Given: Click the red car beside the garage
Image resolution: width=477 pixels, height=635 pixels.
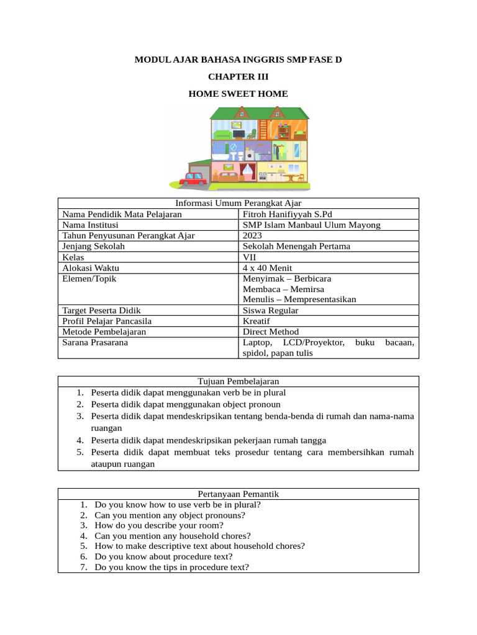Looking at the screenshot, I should pos(193,179).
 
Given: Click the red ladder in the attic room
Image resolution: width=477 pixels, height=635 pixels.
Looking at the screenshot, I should pos(263,130).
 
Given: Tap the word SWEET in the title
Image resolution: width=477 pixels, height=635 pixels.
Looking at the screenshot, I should pos(238,94).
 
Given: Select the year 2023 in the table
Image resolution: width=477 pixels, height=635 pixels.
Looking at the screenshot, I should pos(253,236).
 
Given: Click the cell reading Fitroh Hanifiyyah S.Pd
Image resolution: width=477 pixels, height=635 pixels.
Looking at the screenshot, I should pos(288,215).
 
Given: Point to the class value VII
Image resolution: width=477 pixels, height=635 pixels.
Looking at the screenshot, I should pos(250,257).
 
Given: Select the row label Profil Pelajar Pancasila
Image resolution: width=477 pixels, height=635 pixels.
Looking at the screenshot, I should pos(107,321).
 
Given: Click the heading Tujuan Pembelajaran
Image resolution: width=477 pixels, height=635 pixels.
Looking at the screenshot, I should pos(238,381).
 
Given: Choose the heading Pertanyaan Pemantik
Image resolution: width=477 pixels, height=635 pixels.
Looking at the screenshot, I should pos(238,494).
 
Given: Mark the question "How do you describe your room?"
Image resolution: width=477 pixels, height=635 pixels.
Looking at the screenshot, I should pos(159,525).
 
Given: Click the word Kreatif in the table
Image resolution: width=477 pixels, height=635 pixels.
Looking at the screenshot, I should pos(257,321).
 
